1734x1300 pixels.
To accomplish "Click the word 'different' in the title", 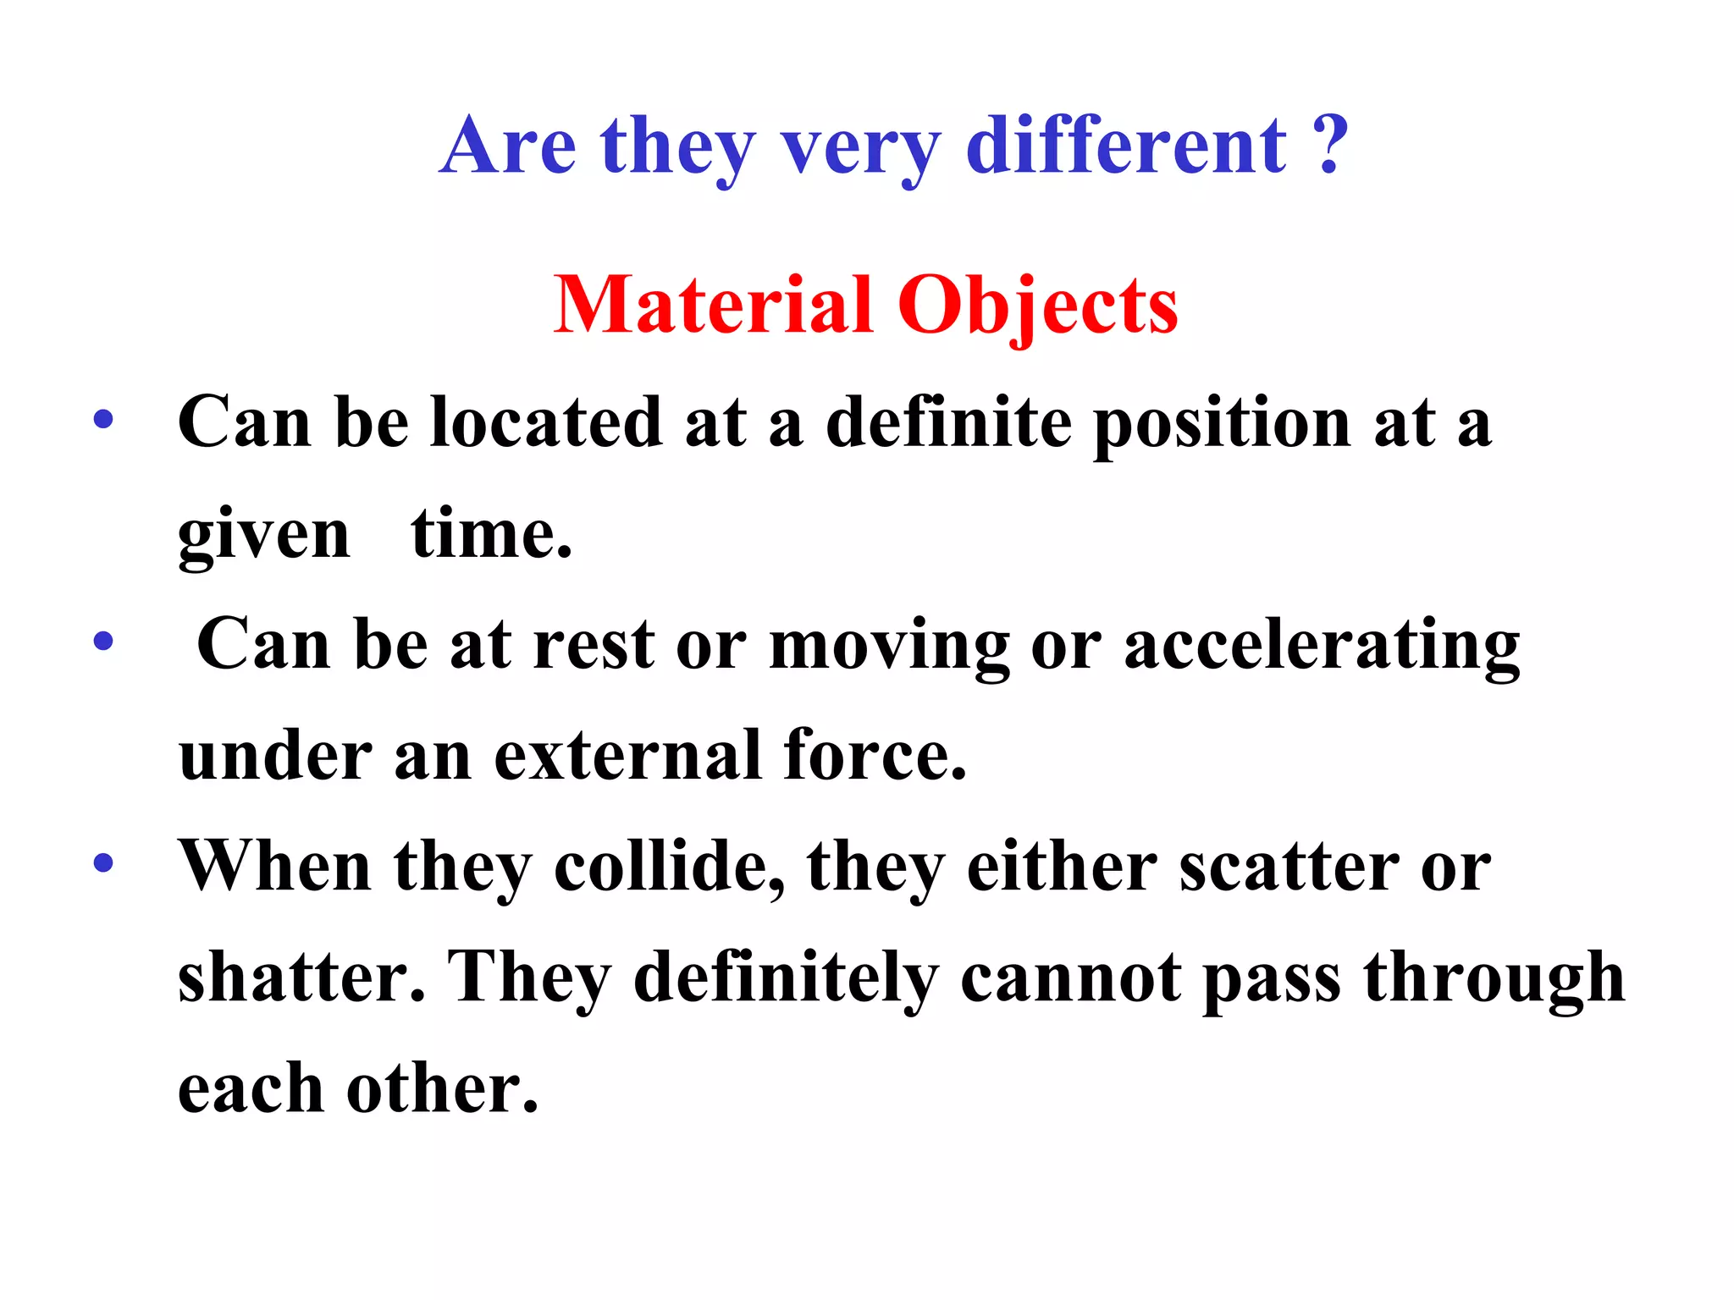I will pyautogui.click(x=1125, y=146).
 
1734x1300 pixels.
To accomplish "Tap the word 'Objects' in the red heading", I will pyautogui.click(x=1037, y=306).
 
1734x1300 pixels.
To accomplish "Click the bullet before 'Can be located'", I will pyautogui.click(x=103, y=420).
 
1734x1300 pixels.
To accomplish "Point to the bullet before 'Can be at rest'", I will pyautogui.click(x=103, y=642).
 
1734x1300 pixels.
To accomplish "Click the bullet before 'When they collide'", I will pyautogui.click(x=103, y=863).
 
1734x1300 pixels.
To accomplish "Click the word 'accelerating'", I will pyautogui.click(x=1321, y=645).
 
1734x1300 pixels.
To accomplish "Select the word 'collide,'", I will pyautogui.click(x=670, y=867).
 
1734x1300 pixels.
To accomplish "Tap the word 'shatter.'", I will pyautogui.click(x=301, y=977).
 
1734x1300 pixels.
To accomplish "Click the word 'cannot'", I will pyautogui.click(x=1071, y=978).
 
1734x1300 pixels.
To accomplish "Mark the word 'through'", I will pyautogui.click(x=1494, y=978).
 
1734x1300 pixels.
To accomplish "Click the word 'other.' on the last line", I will pyautogui.click(x=442, y=1088).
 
